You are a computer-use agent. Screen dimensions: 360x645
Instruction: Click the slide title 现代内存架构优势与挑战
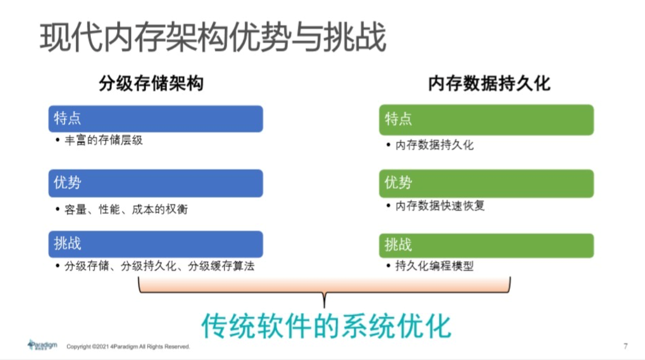[x=213, y=37]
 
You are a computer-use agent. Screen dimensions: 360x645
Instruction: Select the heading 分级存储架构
[x=151, y=84]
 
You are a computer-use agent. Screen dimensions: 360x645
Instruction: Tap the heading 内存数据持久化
[x=489, y=84]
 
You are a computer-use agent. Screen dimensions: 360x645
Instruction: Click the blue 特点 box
[x=156, y=118]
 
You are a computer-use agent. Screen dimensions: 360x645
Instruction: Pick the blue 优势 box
[x=156, y=183]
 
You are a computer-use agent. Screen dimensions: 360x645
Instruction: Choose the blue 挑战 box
[x=156, y=244]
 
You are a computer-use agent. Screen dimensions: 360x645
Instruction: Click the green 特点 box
[x=486, y=119]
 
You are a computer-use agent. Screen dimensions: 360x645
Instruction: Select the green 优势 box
[x=486, y=183]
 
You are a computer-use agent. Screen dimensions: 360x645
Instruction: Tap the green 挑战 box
[x=486, y=245]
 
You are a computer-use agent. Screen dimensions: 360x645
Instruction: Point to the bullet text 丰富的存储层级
[x=104, y=141]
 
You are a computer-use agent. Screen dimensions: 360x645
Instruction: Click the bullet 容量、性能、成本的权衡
[x=126, y=209]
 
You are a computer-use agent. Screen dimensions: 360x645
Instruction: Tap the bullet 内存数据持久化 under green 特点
[x=434, y=145]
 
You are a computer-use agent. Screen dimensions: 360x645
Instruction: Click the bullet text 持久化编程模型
[x=434, y=266]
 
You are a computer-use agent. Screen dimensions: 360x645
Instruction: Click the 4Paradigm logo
[x=43, y=344]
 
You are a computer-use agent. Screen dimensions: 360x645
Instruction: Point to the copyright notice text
[x=128, y=346]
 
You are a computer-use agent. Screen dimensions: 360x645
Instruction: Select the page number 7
[x=626, y=346]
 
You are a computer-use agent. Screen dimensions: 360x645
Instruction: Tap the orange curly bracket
[x=325, y=289]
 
